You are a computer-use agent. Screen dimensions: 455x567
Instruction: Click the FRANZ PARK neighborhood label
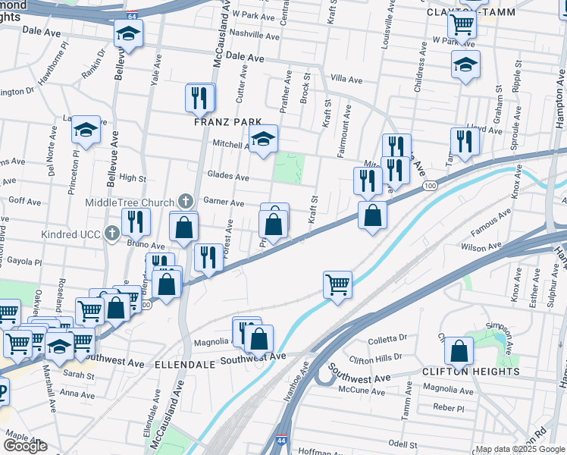[227, 121]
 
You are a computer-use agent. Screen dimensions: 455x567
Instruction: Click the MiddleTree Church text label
[130, 202]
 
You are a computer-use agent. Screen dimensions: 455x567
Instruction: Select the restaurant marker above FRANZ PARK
[200, 97]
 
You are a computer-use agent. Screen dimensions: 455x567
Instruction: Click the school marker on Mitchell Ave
[263, 139]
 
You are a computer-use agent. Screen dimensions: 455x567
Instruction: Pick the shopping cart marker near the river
[337, 286]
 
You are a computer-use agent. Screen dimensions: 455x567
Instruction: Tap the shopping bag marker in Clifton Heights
[459, 351]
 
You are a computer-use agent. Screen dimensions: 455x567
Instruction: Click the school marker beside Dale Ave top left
[128, 34]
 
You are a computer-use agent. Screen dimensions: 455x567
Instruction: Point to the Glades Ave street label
[227, 177]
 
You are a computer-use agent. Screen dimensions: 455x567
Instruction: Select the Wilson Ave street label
[481, 246]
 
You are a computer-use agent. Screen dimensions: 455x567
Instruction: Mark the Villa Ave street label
[347, 79]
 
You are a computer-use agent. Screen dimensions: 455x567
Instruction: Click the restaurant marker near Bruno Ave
[136, 221]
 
